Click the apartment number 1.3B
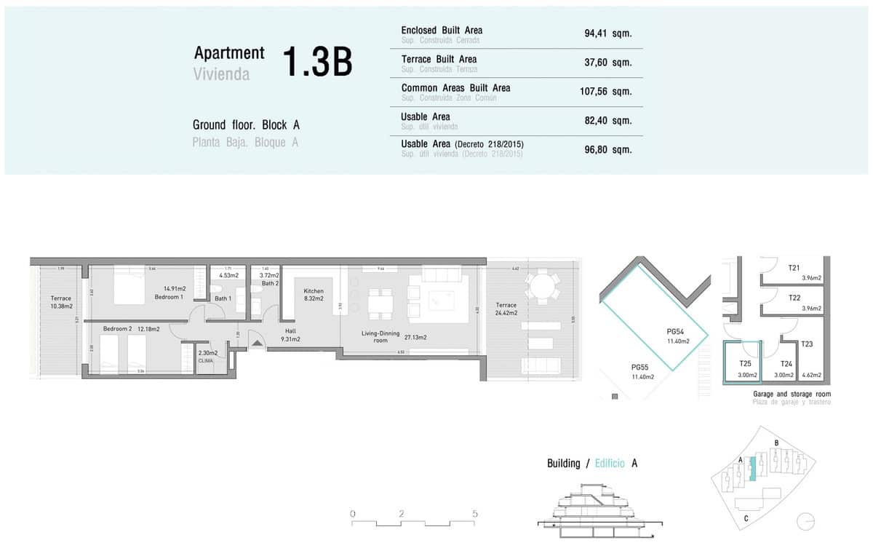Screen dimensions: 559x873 click(x=316, y=63)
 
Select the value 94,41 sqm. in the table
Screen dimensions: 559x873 click(x=607, y=33)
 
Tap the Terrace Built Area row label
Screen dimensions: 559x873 click(x=439, y=59)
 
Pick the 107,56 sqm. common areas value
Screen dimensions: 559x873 click(x=607, y=92)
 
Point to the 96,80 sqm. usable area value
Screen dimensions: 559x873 click(x=607, y=149)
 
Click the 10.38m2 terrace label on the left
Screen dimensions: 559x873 click(x=61, y=302)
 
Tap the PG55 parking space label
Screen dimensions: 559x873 click(x=642, y=371)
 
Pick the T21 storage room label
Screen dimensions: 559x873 click(x=794, y=268)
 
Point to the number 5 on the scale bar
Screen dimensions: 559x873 click(x=474, y=514)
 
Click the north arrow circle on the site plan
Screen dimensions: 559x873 click(x=806, y=522)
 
